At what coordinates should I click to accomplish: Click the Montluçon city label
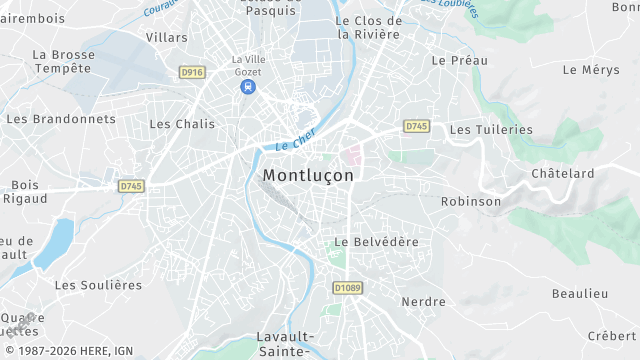click(x=308, y=174)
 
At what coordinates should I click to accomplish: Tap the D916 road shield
click(x=192, y=72)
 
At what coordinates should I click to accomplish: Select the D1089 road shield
click(x=347, y=288)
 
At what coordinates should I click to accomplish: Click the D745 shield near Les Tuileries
click(x=417, y=126)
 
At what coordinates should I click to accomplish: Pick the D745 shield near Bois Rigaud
click(x=131, y=186)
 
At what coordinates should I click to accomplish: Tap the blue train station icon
click(x=246, y=87)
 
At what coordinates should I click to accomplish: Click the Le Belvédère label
click(x=376, y=242)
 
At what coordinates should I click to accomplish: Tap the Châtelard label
click(x=562, y=173)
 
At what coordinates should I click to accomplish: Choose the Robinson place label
click(x=471, y=201)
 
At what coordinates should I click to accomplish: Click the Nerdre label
click(x=423, y=301)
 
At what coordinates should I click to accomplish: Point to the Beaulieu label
click(x=580, y=293)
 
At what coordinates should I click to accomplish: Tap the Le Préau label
click(x=460, y=60)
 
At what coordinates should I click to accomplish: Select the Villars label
click(x=166, y=37)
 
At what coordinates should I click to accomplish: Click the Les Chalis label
click(x=182, y=124)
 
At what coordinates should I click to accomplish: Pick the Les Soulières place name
click(x=98, y=285)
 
